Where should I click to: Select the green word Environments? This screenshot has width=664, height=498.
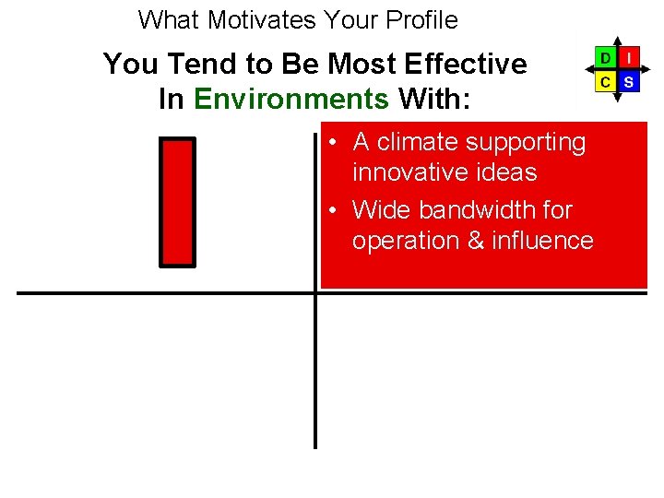click(x=291, y=99)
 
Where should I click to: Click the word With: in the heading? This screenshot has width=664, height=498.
click(x=434, y=99)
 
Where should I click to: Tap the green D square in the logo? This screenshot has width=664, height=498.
click(x=605, y=58)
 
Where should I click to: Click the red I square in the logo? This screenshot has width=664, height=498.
click(x=628, y=58)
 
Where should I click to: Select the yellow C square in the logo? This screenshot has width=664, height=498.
click(x=605, y=81)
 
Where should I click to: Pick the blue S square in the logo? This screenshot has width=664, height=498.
click(x=628, y=81)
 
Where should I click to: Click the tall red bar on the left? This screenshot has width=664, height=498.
click(x=178, y=202)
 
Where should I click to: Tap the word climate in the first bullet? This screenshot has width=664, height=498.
click(x=424, y=142)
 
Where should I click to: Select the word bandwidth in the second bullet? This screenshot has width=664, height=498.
click(x=479, y=210)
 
